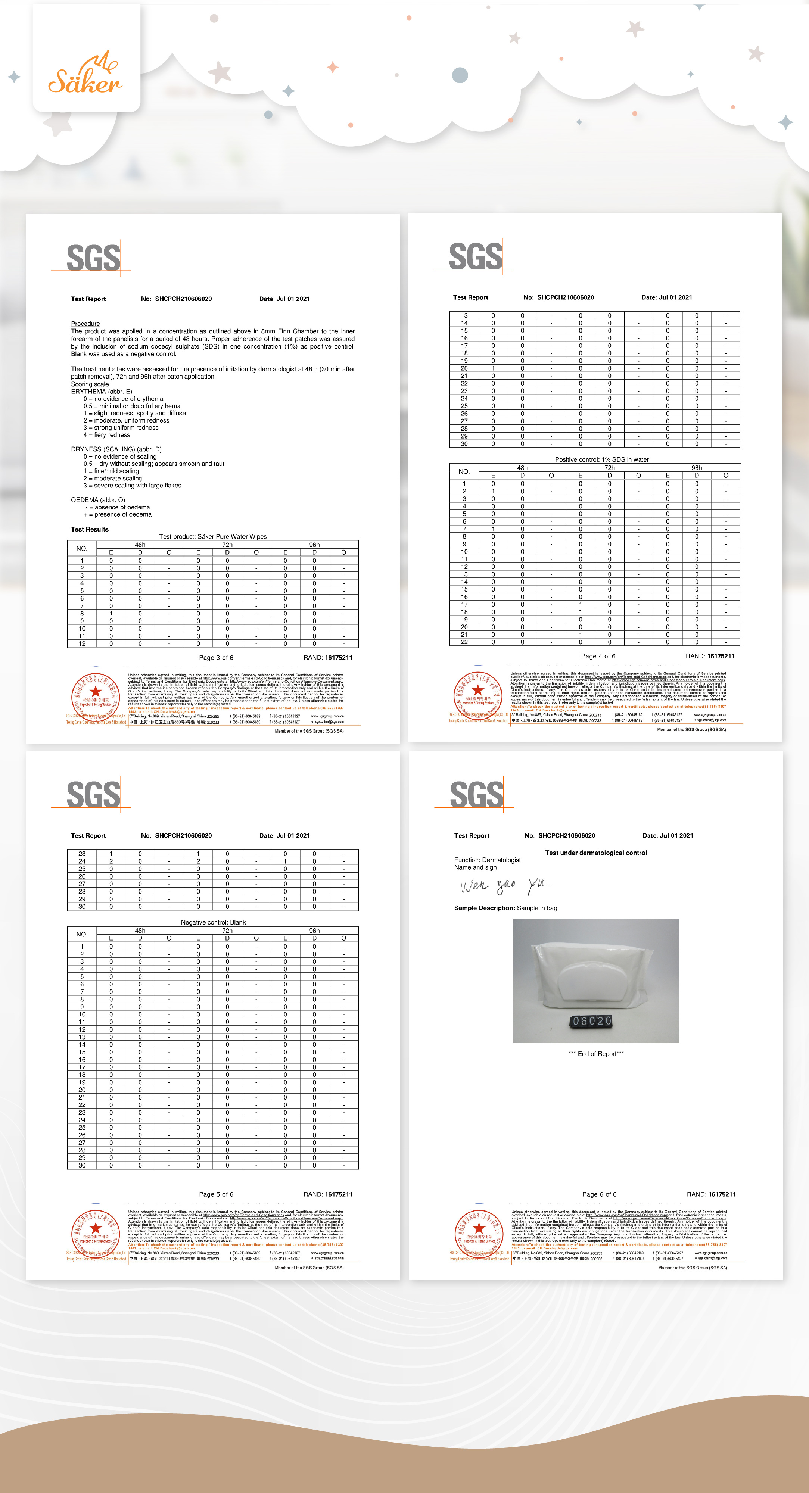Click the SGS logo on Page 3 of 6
click(x=93, y=257)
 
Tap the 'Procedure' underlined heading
click(x=85, y=323)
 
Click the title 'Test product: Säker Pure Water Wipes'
click(x=213, y=537)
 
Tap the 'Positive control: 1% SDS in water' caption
click(x=601, y=459)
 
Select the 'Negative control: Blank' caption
click(x=213, y=922)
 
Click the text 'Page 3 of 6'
click(x=215, y=657)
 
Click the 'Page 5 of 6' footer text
click(x=215, y=1194)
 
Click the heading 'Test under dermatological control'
click(x=596, y=853)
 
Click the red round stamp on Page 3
click(x=95, y=693)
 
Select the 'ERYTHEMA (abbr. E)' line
click(x=102, y=391)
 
